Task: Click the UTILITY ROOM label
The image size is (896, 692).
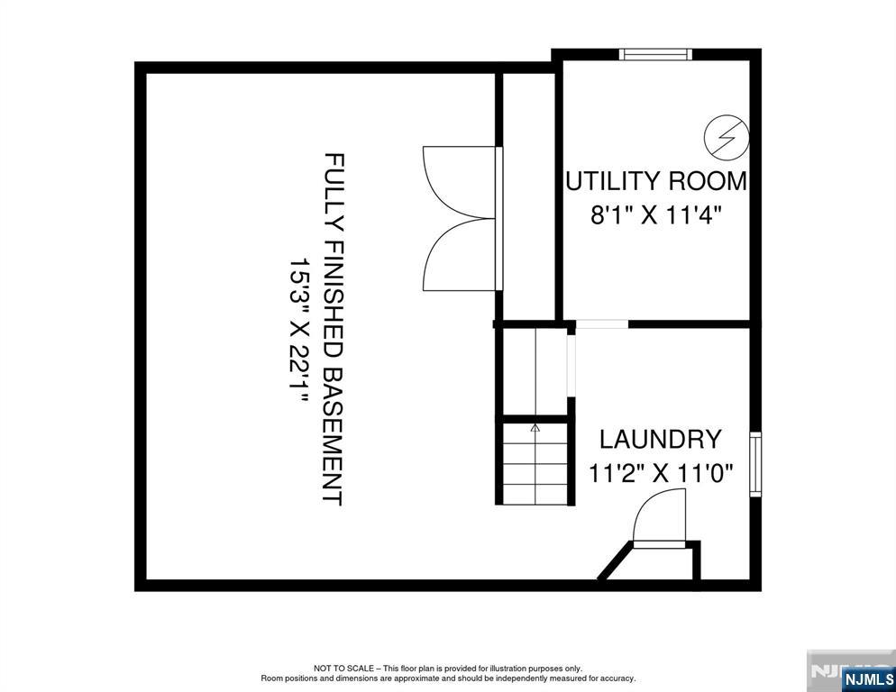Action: tap(656, 181)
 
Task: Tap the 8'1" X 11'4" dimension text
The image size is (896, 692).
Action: tap(656, 216)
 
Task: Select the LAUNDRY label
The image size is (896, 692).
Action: tap(660, 439)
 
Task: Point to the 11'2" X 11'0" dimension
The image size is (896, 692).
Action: tap(661, 473)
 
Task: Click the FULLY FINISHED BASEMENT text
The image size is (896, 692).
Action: tap(333, 329)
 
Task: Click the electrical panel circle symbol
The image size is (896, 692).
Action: tap(727, 138)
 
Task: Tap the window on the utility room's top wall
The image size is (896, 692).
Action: tap(655, 54)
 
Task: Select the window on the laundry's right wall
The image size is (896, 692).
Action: tap(755, 464)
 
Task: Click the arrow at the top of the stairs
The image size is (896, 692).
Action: tap(535, 427)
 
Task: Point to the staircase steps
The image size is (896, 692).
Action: tap(535, 463)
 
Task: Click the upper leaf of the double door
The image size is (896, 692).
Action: tap(459, 182)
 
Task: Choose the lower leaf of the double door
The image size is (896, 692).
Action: tap(459, 255)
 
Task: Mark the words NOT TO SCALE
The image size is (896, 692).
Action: tap(343, 668)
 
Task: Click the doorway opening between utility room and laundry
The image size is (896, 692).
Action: tap(602, 324)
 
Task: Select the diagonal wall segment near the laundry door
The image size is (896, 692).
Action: tap(616, 561)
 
